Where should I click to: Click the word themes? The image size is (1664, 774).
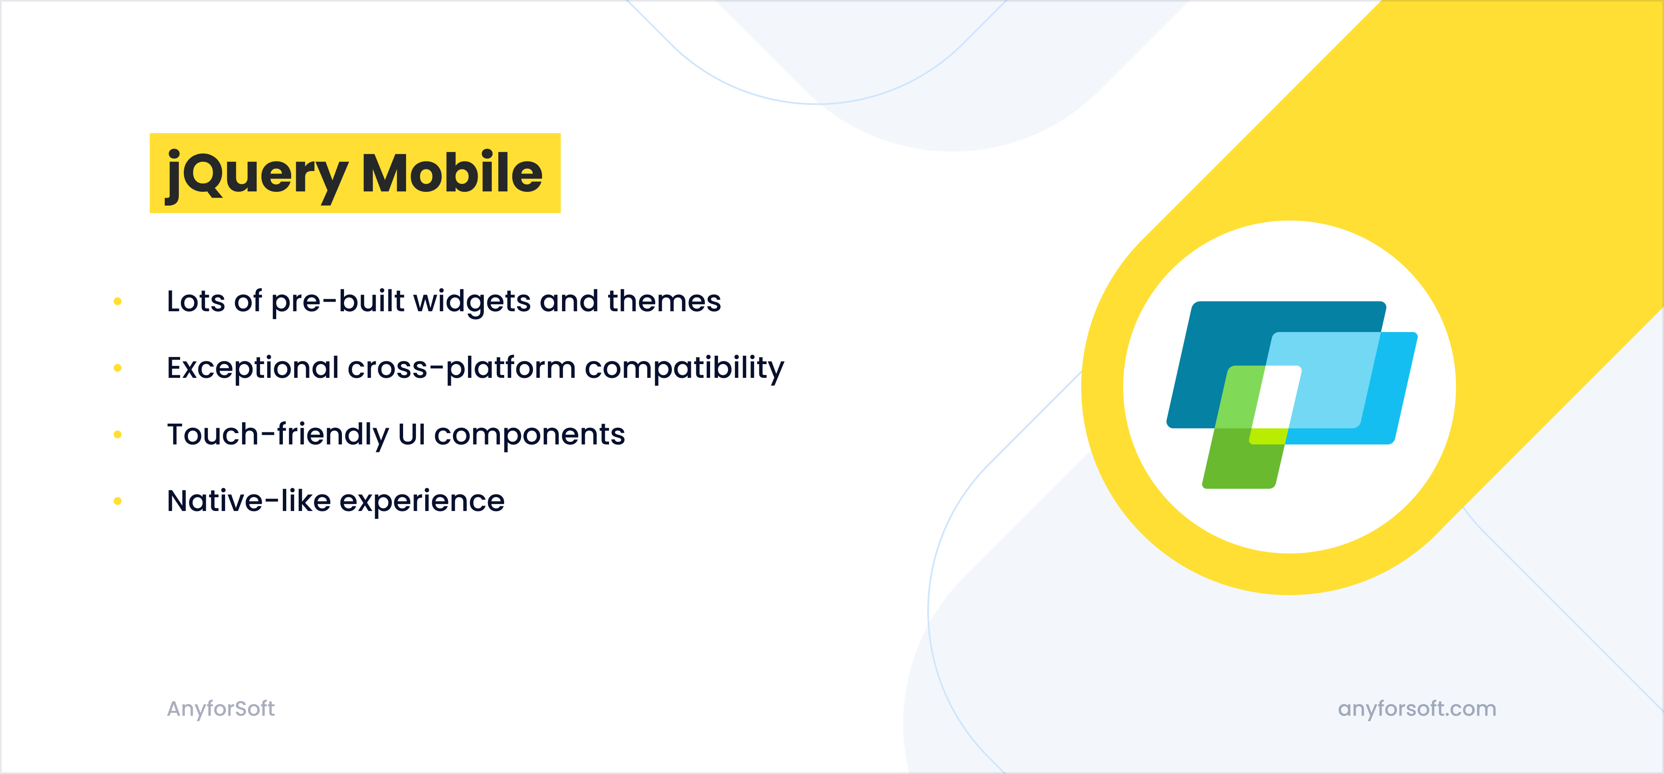point(664,301)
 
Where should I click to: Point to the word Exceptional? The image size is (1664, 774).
point(252,367)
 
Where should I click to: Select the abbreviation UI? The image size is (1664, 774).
point(411,434)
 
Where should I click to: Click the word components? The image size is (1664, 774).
point(529,434)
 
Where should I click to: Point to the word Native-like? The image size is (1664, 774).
point(249,501)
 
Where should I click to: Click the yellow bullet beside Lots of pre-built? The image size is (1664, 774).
point(118,301)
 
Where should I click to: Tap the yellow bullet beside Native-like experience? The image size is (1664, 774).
point(118,501)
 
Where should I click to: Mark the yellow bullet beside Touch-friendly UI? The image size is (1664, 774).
point(118,434)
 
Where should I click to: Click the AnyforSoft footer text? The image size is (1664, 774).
point(220,709)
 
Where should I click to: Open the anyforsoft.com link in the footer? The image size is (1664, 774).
point(1416,709)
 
